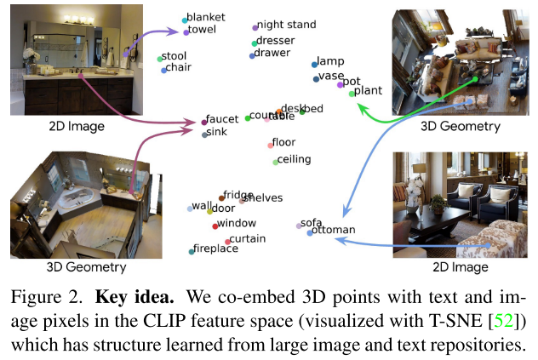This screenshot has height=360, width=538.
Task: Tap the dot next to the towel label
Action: [x=186, y=31]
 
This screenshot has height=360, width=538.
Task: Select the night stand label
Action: [x=287, y=26]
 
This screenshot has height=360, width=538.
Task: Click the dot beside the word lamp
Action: [x=315, y=64]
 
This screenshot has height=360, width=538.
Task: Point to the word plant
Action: [x=368, y=90]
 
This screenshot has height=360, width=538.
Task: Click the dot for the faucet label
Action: [x=204, y=122]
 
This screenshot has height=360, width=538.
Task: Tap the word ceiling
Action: [x=294, y=159]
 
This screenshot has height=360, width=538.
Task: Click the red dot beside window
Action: [x=215, y=226]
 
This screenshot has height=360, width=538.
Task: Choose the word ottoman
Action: [x=333, y=231]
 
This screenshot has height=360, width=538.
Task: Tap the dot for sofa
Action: [x=299, y=226]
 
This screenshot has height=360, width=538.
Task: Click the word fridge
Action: [x=238, y=195]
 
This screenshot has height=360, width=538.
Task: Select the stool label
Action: [x=175, y=57]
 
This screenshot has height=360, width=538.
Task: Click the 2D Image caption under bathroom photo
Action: [x=77, y=127]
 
